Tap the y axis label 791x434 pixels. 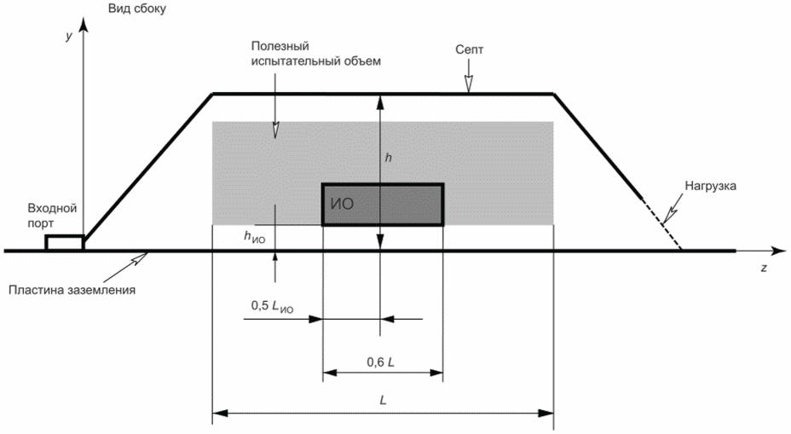point(68,38)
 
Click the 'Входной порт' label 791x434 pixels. point(53,214)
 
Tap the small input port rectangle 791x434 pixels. point(64,242)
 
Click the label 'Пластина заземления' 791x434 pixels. point(73,290)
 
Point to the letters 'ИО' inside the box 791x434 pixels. point(340,205)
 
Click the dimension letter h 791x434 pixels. point(389,158)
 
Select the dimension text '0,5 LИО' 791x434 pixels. point(272,305)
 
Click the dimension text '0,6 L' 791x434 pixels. point(380,362)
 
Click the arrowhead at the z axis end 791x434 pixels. point(777,251)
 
